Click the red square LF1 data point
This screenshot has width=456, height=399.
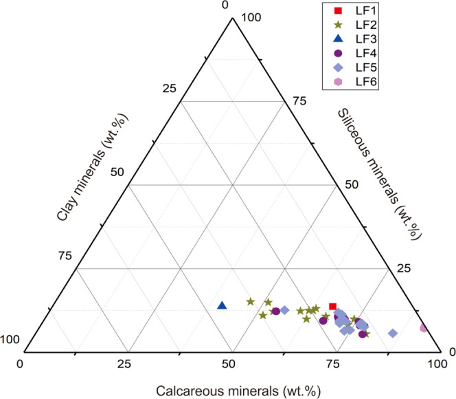[332, 306]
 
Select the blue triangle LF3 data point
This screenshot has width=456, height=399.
[222, 305]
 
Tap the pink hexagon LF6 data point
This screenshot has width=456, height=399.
[424, 328]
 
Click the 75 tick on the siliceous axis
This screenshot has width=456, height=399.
[297, 100]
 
